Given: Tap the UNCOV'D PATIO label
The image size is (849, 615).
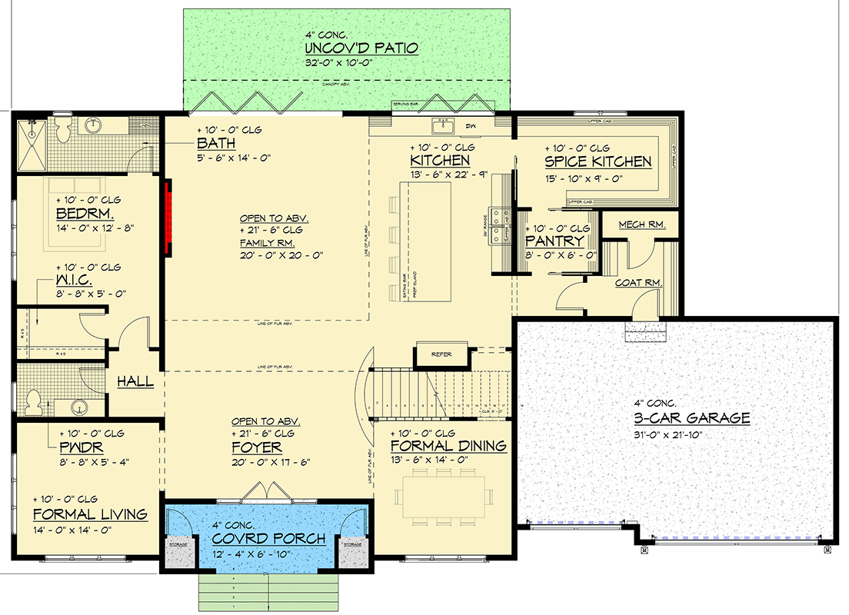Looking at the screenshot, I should click(x=361, y=48).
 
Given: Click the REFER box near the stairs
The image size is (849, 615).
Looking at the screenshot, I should click(x=441, y=354).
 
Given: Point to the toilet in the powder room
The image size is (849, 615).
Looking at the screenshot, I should click(x=34, y=400).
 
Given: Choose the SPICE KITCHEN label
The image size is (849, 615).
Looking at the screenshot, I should click(x=598, y=161).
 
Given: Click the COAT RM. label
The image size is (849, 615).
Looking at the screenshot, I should click(x=638, y=283).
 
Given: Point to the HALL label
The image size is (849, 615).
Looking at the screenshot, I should click(x=135, y=381).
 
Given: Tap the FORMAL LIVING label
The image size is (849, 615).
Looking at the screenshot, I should click(x=89, y=514).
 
